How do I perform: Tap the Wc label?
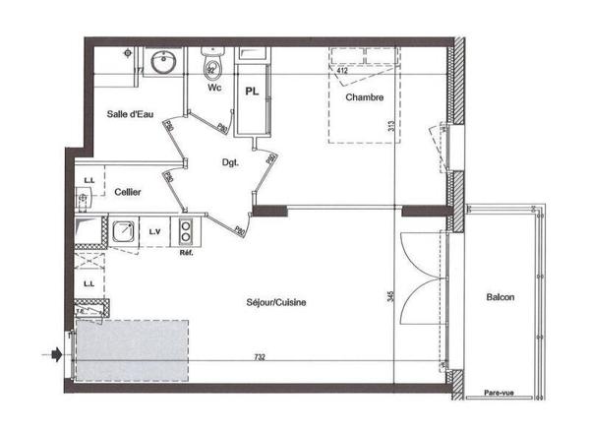[x=213, y=88]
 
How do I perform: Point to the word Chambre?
[x=363, y=97]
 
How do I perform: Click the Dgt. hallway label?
[x=229, y=163]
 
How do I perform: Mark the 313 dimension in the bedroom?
[x=390, y=126]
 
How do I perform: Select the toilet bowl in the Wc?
[x=212, y=68]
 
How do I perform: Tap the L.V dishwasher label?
[x=154, y=231]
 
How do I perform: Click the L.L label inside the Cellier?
[x=88, y=180]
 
